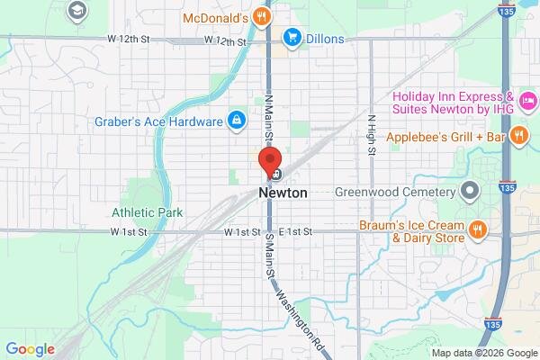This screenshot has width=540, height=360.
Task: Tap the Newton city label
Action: (x=283, y=193)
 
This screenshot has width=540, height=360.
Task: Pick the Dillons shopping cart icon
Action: (x=292, y=38)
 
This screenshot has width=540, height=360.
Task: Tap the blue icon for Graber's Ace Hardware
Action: (x=236, y=120)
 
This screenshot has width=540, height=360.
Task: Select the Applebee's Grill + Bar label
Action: (x=445, y=138)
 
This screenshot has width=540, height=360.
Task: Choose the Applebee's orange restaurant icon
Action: (x=517, y=137)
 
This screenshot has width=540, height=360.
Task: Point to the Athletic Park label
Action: (x=148, y=213)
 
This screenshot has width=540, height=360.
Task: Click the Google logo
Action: (x=30, y=349)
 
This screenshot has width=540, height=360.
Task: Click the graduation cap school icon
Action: (x=78, y=11)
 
